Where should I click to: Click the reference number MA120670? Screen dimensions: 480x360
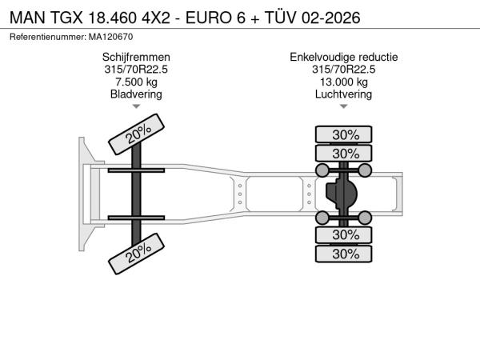point(111,37)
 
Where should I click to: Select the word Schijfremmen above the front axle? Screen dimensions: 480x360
point(136,58)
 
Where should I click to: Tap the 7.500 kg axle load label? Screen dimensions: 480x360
point(136,82)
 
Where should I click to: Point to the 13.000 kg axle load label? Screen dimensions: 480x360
point(344,82)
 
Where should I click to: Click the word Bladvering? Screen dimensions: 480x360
point(136,94)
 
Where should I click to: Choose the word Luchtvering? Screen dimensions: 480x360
point(344,94)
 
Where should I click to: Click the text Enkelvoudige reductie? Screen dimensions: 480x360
point(344,58)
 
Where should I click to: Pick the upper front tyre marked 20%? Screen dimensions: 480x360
point(137,134)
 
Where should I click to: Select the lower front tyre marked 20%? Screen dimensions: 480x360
point(137,254)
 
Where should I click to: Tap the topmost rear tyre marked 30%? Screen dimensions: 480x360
point(344,134)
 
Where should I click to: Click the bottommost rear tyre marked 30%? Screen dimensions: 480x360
point(344,254)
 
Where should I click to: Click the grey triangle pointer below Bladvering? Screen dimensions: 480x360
point(136,106)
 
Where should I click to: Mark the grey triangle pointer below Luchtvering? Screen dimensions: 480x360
point(344,106)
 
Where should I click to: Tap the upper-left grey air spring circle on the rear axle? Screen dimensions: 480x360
point(322,170)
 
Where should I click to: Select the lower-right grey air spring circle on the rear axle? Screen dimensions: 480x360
point(365,218)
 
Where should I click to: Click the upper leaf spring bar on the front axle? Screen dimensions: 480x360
point(136,170)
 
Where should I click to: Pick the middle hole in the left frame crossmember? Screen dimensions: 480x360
point(240,194)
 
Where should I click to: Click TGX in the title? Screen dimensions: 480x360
point(66,18)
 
